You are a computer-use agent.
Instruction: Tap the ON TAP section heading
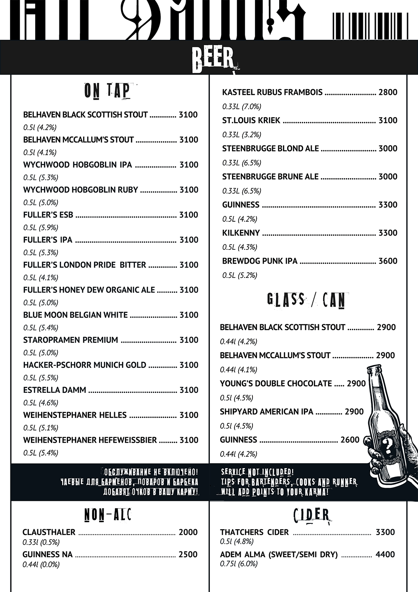[107, 91]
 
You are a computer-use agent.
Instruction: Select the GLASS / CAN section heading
[306, 300]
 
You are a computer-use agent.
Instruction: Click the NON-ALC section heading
[107, 515]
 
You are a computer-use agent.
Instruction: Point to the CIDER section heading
[311, 514]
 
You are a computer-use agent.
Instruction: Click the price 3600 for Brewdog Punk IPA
[387, 261]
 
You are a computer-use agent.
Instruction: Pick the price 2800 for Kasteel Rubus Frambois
[387, 92]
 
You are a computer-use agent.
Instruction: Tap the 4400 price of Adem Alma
[385, 554]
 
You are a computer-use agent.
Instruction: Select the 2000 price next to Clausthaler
[188, 532]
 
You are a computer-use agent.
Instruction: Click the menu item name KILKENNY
[241, 233]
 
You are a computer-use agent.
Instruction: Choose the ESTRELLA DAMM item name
[55, 390]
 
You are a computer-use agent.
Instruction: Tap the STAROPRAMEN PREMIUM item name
[71, 340]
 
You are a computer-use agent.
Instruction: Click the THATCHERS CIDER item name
[254, 532]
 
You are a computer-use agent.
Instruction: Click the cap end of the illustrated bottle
[374, 369]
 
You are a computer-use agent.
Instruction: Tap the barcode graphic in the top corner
[370, 26]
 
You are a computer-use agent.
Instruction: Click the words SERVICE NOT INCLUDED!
[257, 473]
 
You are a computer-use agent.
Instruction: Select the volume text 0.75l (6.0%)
[239, 564]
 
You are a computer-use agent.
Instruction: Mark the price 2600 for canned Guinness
[350, 440]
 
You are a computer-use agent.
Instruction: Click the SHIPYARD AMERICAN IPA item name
[266, 412]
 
